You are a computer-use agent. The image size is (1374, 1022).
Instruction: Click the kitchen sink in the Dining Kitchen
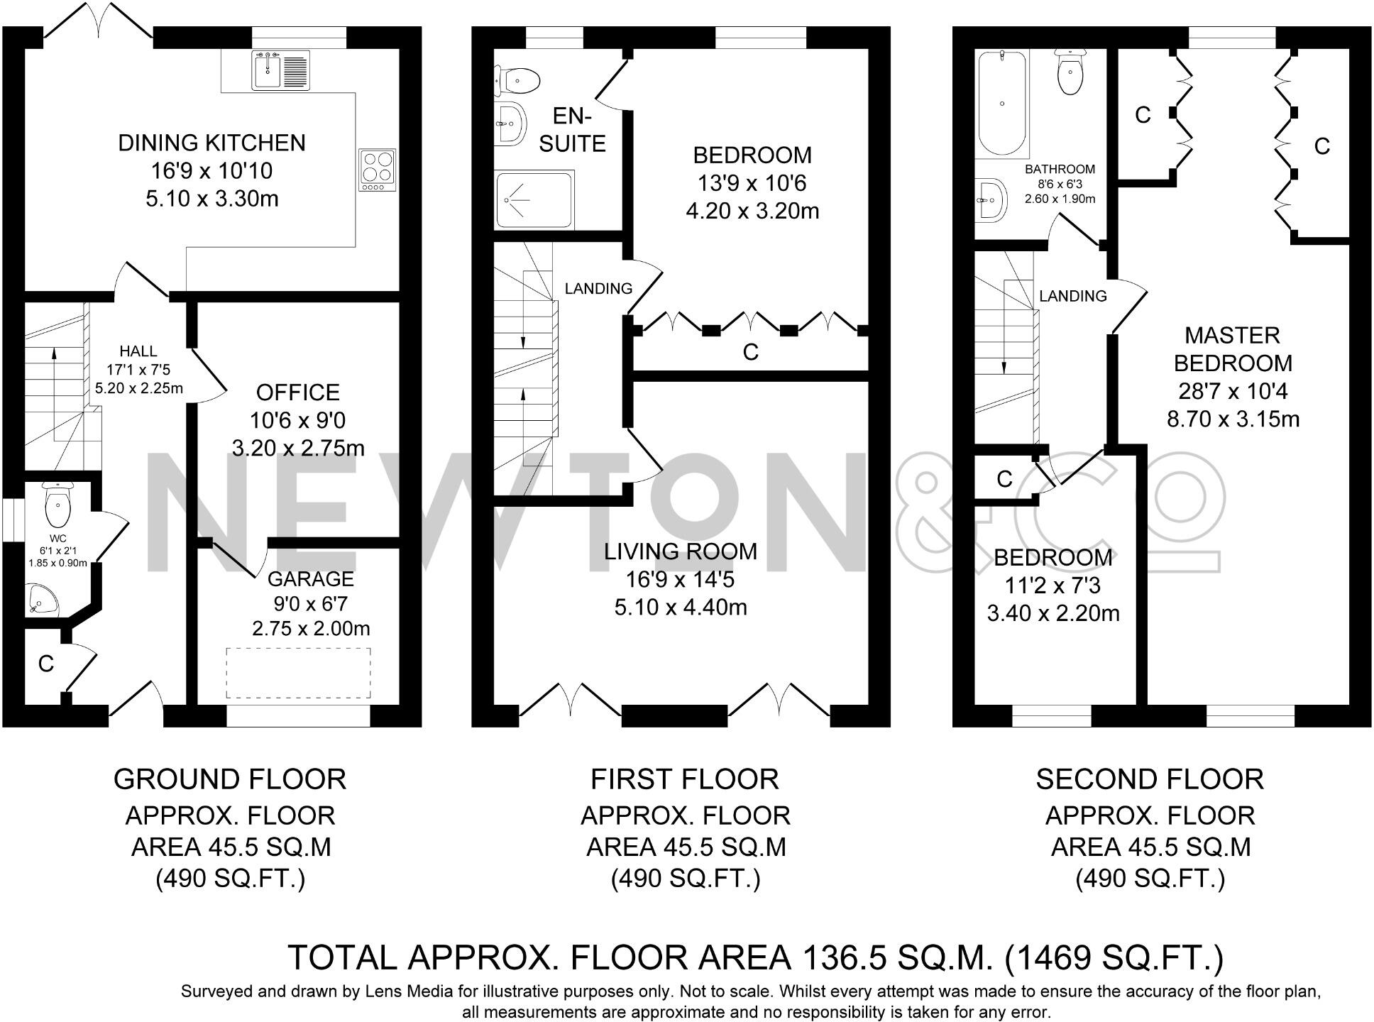pos(281,70)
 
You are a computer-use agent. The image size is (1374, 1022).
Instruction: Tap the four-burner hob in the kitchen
pos(377,170)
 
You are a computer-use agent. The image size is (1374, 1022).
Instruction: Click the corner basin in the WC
pos(43,600)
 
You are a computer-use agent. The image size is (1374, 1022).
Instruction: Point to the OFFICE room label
pos(298,392)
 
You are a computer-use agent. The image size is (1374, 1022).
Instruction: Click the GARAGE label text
pos(311,579)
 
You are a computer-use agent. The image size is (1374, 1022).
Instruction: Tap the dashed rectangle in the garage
pos(299,673)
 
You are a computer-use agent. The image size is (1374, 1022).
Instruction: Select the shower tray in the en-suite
pos(534,199)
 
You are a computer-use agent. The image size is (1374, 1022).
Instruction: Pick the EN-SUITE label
pos(573,130)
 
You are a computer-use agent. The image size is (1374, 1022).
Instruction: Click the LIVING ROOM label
pos(681,551)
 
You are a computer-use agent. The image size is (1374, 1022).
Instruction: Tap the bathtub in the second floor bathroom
pos(1002,104)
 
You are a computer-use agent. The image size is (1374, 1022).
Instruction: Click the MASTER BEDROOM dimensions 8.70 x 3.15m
pos(1233,419)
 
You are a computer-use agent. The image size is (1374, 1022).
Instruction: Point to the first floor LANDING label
pos(598,288)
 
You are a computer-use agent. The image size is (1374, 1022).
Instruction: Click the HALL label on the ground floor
pos(138,351)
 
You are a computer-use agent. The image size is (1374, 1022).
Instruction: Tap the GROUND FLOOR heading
pos(230,779)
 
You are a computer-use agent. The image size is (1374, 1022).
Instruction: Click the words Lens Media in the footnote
pos(404,991)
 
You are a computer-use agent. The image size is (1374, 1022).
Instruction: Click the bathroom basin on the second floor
pos(991,198)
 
